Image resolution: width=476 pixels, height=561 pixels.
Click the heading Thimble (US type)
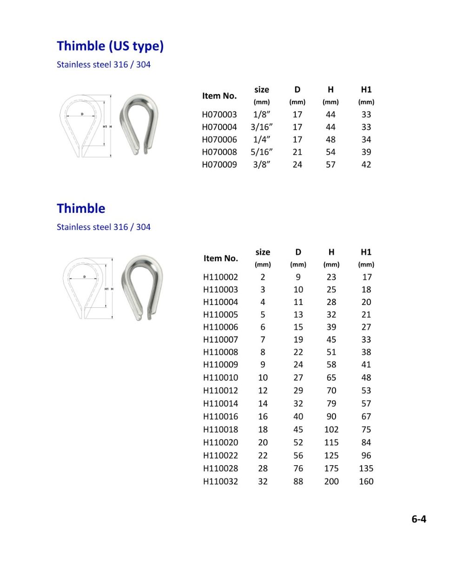tap(110, 46)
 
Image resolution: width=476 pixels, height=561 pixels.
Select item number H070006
tap(219, 139)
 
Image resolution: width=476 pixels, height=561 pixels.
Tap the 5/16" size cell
tap(262, 152)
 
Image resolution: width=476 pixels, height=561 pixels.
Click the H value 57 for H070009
tap(331, 164)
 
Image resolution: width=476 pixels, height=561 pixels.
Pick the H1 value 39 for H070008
tap(366, 152)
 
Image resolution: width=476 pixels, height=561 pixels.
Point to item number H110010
tap(220, 378)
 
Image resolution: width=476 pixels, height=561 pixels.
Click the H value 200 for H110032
tap(331, 481)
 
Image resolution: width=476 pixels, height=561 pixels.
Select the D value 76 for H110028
tap(298, 468)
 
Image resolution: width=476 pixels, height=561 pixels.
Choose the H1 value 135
tap(366, 468)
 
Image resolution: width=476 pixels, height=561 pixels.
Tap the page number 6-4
tap(419, 519)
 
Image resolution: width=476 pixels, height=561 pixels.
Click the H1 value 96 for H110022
tap(366, 455)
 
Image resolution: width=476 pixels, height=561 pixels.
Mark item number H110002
tap(220, 277)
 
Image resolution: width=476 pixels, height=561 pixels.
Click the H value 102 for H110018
tap(331, 429)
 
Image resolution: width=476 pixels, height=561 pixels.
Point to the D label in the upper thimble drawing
tap(82, 114)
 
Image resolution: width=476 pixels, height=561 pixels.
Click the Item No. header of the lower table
tap(220, 258)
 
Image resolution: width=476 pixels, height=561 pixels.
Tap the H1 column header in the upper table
tap(366, 90)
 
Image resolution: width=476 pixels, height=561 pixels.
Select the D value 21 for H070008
tap(297, 152)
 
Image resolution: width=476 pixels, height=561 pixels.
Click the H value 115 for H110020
tap(331, 442)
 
